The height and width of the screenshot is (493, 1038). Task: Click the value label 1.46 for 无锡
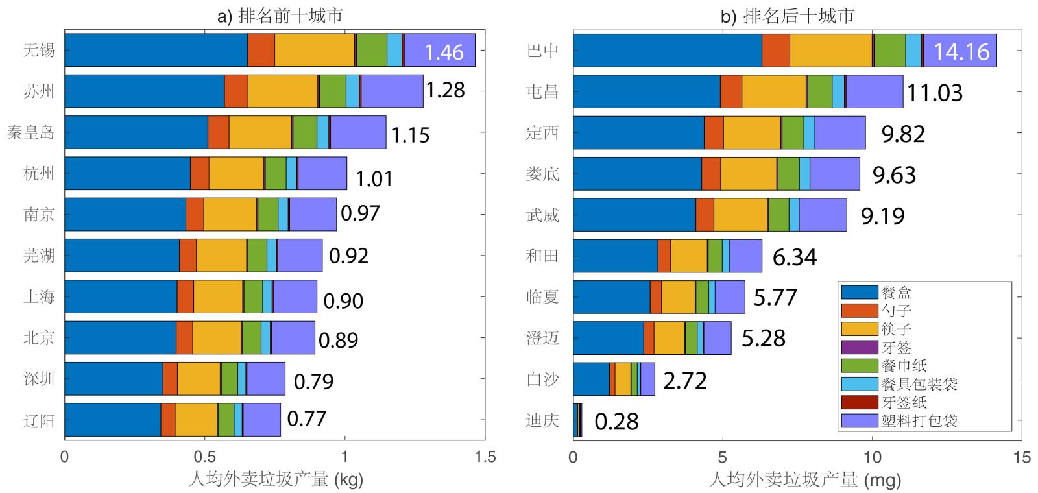click(x=444, y=52)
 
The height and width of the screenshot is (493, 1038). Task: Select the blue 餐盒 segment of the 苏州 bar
click(x=144, y=91)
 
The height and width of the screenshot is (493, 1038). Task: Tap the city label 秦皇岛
click(x=30, y=133)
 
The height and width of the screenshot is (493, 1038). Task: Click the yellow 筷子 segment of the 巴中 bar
click(x=830, y=51)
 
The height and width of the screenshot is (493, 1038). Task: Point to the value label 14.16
click(x=961, y=51)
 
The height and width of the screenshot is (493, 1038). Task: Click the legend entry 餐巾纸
click(x=903, y=365)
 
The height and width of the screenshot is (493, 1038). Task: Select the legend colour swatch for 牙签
click(x=860, y=347)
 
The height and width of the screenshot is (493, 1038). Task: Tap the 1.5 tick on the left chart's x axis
click(x=485, y=457)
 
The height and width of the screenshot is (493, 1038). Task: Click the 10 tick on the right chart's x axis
click(x=872, y=457)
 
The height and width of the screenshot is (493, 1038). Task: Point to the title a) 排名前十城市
click(x=280, y=16)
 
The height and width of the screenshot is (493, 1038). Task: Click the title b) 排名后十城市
click(x=788, y=16)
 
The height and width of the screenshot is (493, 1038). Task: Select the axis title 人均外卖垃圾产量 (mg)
click(x=804, y=480)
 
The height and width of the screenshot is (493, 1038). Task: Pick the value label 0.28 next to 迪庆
click(x=616, y=422)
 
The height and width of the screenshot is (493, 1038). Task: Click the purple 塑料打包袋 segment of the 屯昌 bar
click(x=874, y=91)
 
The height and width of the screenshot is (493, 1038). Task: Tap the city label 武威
click(x=542, y=215)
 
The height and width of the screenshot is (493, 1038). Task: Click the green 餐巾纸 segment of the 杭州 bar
click(x=275, y=173)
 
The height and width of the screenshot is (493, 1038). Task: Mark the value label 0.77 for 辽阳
click(x=306, y=418)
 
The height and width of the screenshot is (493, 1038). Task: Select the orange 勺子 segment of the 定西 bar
click(x=713, y=132)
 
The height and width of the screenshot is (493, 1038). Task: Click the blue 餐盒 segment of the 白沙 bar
click(x=591, y=379)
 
